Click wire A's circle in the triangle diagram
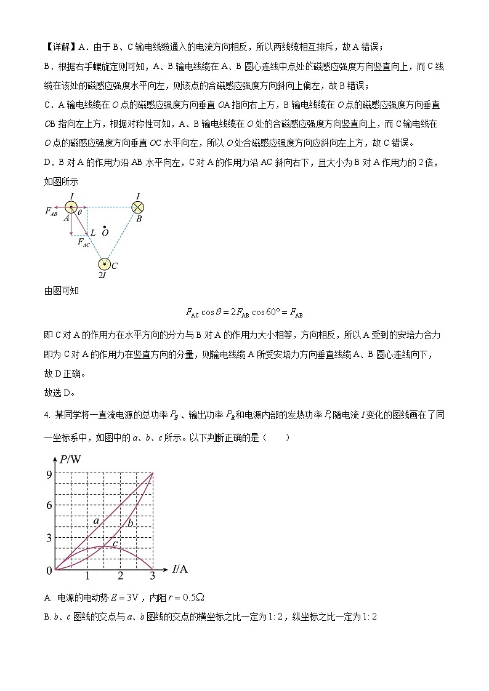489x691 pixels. click(72, 209)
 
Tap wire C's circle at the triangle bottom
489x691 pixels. click(105, 265)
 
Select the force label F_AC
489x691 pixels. click(83, 242)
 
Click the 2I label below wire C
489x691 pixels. click(102, 276)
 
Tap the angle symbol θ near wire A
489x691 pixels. click(79, 212)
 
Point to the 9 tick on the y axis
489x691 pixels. click(49, 474)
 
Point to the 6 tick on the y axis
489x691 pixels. click(49, 505)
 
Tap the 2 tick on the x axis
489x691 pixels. click(121, 576)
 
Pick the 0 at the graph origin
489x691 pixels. click(49, 571)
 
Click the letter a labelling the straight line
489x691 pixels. click(96, 521)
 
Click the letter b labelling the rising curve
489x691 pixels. click(130, 523)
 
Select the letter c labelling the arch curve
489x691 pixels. click(115, 543)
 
